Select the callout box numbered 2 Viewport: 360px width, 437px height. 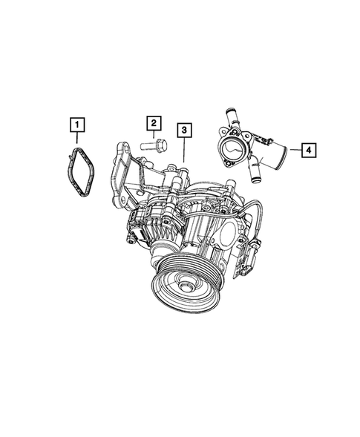(154, 122)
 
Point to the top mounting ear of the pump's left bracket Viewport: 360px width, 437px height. (121, 151)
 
